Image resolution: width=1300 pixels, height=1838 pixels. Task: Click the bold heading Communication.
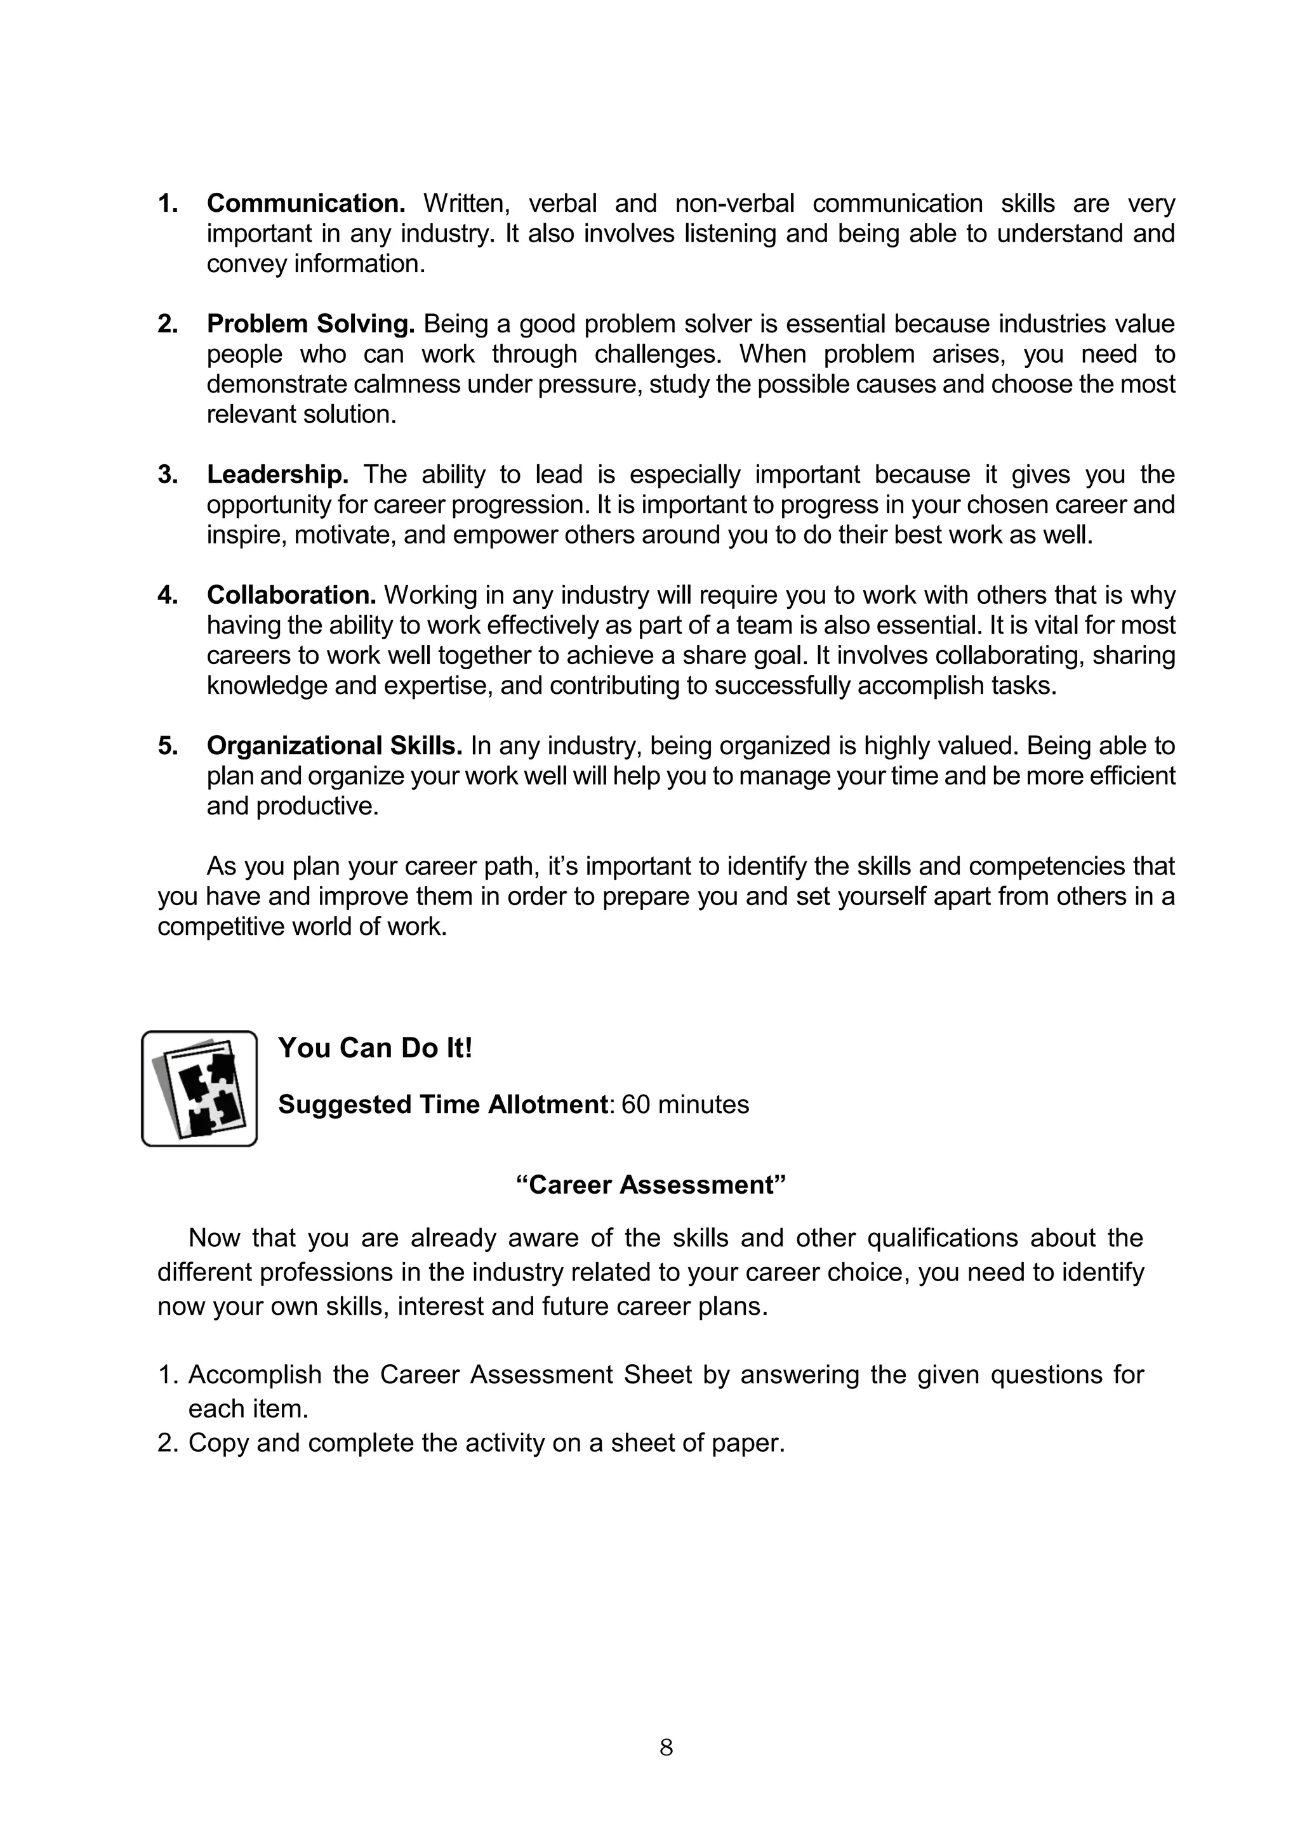click(306, 204)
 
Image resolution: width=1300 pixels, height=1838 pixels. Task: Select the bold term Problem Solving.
click(310, 324)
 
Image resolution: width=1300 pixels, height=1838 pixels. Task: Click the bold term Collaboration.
click(291, 595)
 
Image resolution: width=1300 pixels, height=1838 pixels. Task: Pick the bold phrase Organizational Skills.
click(334, 745)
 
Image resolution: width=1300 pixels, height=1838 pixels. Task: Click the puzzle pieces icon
click(199, 1088)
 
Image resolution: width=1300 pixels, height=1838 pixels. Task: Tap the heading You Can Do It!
click(375, 1048)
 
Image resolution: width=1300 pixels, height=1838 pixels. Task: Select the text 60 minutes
click(685, 1105)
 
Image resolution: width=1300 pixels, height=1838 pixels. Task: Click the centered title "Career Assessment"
click(651, 1185)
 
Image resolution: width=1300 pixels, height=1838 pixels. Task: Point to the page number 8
click(666, 1747)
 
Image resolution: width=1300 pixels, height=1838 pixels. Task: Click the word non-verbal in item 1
click(734, 204)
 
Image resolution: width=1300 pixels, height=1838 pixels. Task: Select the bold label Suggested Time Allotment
click(442, 1105)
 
